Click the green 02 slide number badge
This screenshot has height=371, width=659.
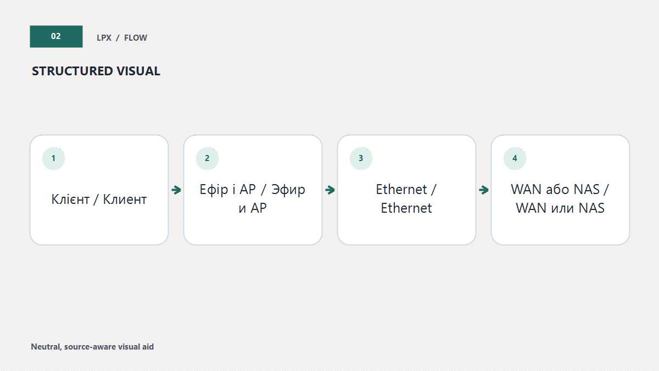point(56,36)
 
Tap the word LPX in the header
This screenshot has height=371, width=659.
point(104,38)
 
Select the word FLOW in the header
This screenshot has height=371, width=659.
point(136,38)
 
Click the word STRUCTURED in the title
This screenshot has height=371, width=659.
point(72,71)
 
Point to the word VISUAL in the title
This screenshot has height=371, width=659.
point(138,71)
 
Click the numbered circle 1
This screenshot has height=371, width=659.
point(54,158)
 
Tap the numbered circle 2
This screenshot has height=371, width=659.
point(208,158)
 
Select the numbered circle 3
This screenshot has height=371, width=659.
point(361,158)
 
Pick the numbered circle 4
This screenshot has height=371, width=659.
point(515,158)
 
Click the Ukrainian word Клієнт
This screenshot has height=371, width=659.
point(70,200)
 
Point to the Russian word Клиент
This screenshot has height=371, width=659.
point(125,200)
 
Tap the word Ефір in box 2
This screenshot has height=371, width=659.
point(214,190)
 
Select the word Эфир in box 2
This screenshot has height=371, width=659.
point(288,190)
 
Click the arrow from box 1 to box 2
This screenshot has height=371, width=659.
point(176,190)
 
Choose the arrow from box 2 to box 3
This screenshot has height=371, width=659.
point(330,190)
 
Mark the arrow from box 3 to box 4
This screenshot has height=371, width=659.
point(484,190)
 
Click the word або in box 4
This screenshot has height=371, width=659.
point(555,189)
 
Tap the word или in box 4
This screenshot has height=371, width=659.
point(562,208)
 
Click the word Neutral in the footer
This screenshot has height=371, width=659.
point(46,347)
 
